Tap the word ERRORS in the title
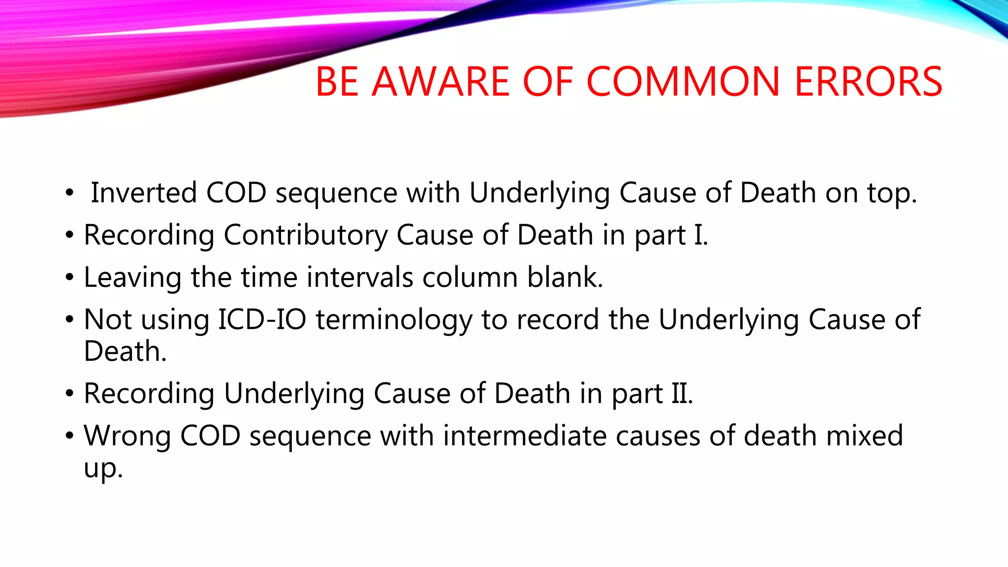tap(869, 82)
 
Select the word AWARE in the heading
tap(441, 82)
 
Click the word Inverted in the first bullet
tap(144, 192)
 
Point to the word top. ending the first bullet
tap(892, 193)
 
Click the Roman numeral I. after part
tap(701, 235)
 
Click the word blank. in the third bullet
tap(565, 277)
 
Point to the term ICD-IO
tap(262, 320)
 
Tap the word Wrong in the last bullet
tap(127, 436)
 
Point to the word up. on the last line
tap(103, 469)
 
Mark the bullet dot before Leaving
tap(69, 278)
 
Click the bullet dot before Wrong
tap(69, 436)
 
